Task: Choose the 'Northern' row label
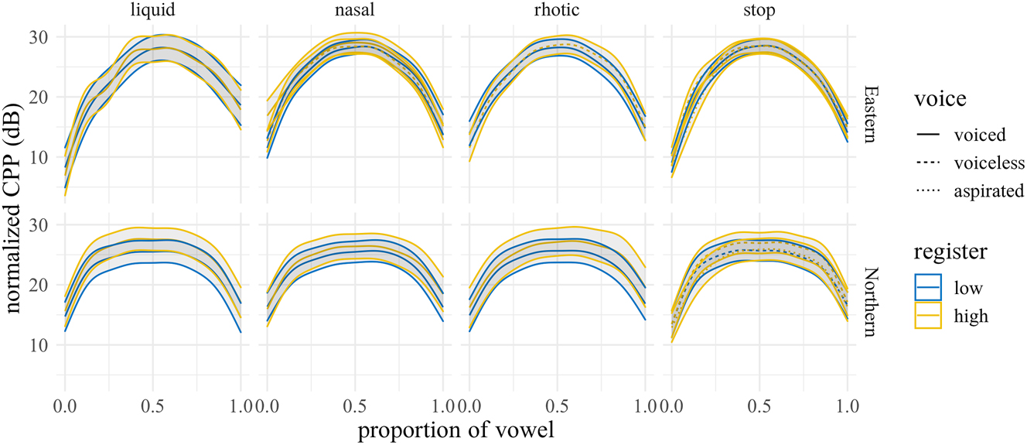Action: [x=870, y=302]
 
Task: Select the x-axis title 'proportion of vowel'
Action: [x=455, y=431]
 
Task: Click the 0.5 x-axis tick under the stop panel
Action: [x=759, y=406]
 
